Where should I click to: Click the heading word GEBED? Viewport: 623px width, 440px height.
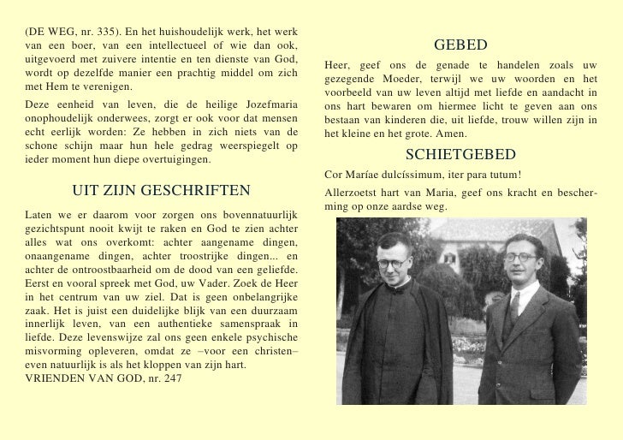tap(460, 45)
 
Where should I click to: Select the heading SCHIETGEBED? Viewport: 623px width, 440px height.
tap(460, 154)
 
